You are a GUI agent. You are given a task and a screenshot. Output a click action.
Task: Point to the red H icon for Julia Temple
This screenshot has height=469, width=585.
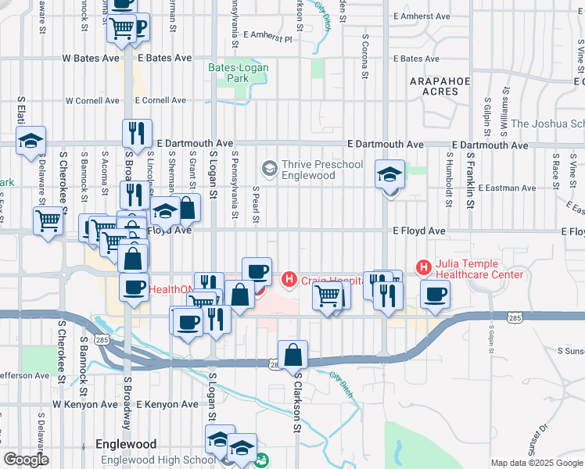425,268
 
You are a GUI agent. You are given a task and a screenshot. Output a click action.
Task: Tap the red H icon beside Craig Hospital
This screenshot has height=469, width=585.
289,278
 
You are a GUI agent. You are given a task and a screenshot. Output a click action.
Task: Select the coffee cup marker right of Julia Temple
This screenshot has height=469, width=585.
435,294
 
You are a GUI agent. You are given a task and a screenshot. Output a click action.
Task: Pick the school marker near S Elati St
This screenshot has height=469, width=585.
31,141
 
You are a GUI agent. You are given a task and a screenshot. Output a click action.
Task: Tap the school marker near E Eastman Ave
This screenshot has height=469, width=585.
389,174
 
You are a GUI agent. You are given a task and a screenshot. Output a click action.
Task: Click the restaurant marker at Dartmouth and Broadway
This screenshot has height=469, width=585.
137,133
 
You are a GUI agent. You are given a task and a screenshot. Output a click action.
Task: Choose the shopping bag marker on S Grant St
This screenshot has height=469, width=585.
187,208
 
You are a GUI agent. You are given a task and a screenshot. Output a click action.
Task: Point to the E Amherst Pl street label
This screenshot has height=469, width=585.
267,36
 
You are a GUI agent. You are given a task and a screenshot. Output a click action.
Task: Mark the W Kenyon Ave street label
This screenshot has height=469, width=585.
84,405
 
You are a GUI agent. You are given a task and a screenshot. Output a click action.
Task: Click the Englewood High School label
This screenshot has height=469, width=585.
158,460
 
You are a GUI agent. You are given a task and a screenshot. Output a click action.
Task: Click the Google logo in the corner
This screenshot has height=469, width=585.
26,460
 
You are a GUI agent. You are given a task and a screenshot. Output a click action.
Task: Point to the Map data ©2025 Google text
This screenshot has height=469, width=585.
536,463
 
